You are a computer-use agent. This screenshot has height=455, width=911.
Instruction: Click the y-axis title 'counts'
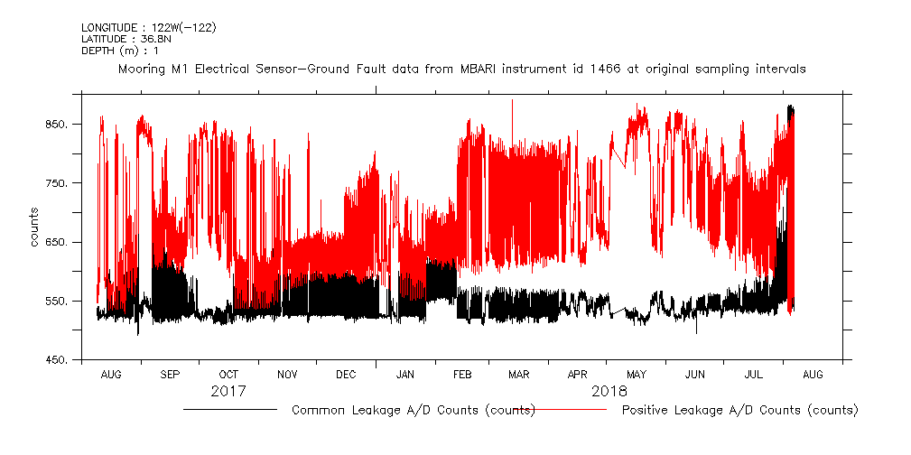[34, 227]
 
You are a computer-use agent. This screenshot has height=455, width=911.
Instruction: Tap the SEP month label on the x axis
[170, 374]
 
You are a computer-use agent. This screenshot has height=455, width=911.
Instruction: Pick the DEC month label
[346, 374]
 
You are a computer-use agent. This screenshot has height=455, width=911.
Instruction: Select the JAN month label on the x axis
[405, 374]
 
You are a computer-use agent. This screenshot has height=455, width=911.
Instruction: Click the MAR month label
[519, 374]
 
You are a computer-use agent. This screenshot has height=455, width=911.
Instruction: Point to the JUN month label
[695, 374]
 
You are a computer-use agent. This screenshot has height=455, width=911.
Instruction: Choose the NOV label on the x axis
[287, 374]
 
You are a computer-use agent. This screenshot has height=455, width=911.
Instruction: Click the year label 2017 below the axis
[228, 393]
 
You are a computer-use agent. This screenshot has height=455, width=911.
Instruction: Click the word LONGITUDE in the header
[109, 27]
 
